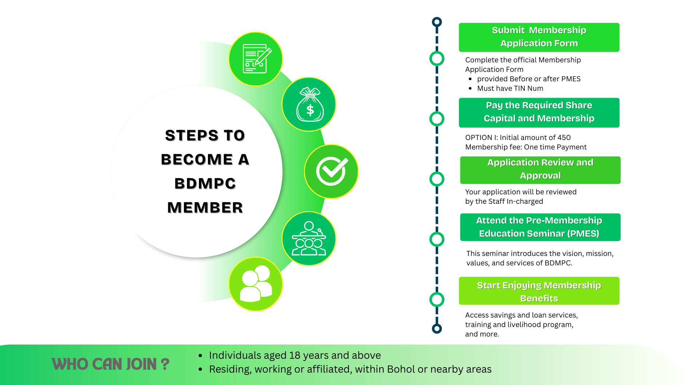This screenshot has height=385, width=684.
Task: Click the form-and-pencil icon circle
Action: pos(256,59)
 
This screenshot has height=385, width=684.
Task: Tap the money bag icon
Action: pos(309,105)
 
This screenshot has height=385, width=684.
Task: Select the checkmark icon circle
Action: pos(331,171)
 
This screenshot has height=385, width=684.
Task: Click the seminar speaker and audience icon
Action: pos(309,239)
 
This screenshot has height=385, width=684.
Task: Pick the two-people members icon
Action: pos(256,284)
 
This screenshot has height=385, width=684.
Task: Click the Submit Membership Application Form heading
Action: pos(539,37)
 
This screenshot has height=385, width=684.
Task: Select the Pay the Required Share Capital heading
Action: pos(539,112)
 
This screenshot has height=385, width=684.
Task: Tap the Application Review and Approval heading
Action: pos(540,170)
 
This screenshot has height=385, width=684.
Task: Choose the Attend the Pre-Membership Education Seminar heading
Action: pos(540,227)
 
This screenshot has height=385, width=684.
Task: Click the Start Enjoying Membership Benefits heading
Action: pos(539,291)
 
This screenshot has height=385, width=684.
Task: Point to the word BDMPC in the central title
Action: pos(205,183)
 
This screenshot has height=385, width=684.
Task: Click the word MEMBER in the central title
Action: pos(205,207)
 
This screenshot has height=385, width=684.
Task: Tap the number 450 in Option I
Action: pos(564,137)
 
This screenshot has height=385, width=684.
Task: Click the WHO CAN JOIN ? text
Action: pos(110,364)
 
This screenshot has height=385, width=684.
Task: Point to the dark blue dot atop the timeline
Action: pos(437,22)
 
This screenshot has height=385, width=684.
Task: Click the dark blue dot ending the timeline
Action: pos(437,328)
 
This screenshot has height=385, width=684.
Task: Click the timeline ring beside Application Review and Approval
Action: pos(437,179)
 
